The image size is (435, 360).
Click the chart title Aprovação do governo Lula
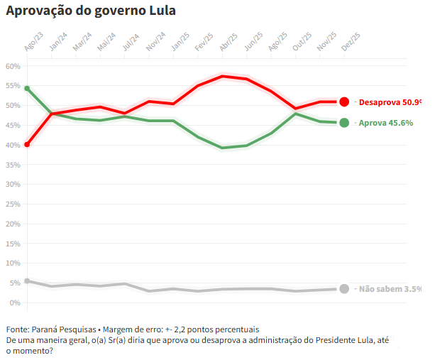91,12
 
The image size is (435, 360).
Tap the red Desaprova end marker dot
344,102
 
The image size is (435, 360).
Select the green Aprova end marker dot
344,123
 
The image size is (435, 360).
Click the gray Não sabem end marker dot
344,289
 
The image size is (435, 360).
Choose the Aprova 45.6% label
386,123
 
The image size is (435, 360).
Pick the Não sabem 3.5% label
390,289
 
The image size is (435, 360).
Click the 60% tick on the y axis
13,66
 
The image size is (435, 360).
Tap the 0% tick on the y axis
16,303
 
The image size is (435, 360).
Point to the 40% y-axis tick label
13,145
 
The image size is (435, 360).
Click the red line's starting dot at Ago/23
27,144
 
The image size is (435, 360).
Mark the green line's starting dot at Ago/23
27,89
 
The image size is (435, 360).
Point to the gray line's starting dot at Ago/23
27,281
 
